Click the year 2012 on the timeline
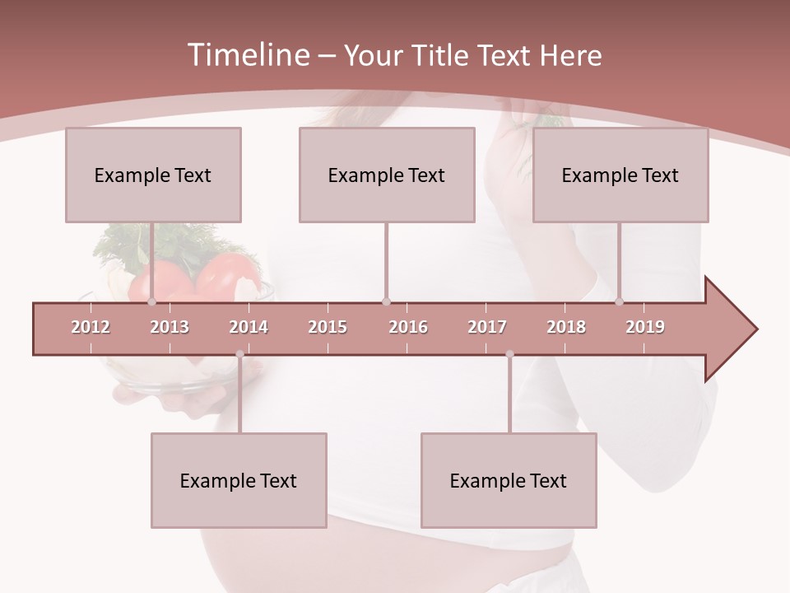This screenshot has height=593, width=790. (91, 327)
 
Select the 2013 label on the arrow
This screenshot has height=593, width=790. (170, 327)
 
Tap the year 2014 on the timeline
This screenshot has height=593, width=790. (249, 327)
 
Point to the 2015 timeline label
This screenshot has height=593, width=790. (328, 327)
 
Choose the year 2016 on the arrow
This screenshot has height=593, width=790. (408, 327)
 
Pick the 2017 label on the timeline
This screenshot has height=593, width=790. (487, 327)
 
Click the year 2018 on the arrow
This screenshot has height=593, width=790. (566, 327)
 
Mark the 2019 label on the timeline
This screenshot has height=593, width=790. (645, 327)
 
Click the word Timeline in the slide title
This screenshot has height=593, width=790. (247, 55)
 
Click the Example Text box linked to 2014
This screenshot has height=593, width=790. (239, 480)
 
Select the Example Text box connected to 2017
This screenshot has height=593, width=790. (509, 480)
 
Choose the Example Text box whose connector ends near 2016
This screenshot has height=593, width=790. (387, 175)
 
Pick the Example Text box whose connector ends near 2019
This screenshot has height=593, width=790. (620, 175)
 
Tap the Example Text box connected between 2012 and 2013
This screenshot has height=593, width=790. (153, 175)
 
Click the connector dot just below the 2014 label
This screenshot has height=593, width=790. (239, 354)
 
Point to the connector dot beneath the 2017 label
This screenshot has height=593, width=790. (509, 354)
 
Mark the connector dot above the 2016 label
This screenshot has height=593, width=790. (386, 302)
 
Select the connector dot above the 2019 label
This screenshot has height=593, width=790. (620, 302)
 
